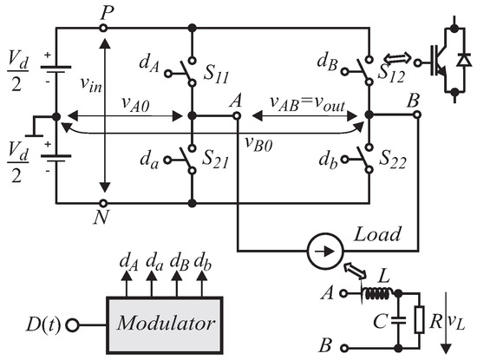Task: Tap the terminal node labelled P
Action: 104,28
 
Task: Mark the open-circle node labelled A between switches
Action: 236,115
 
